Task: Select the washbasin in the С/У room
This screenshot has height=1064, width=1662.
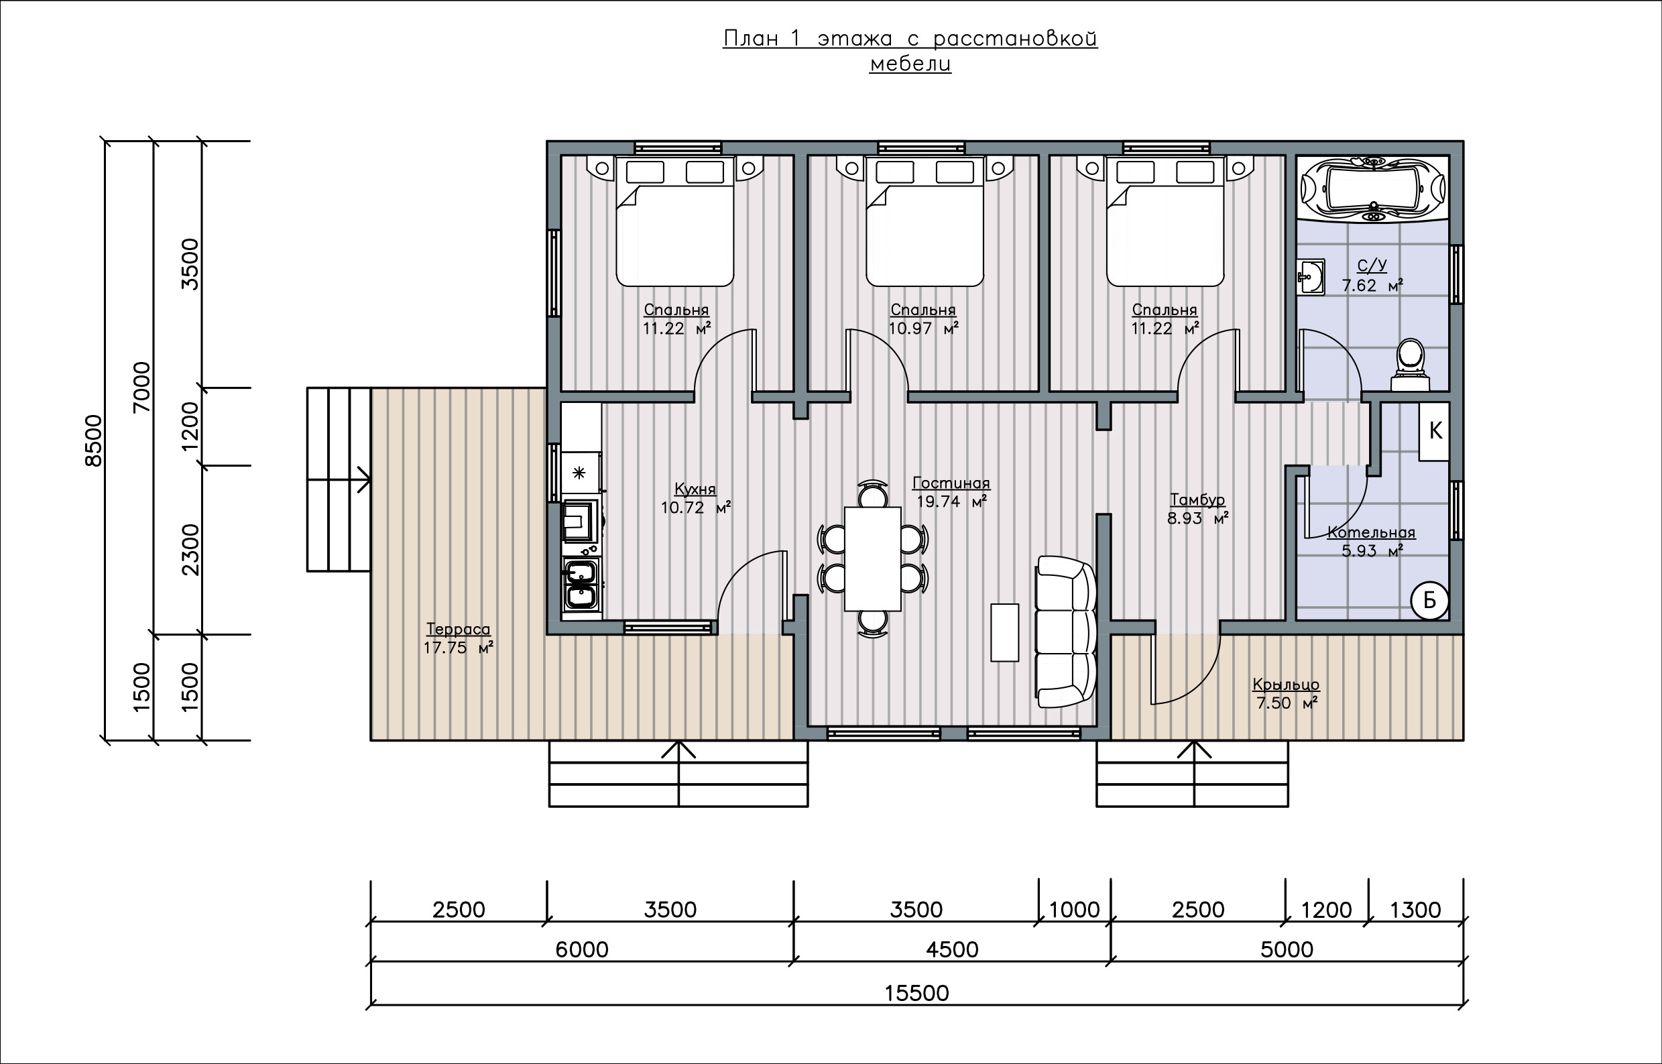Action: pos(1311,278)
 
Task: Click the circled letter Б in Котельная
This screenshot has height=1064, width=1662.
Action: pos(1429,601)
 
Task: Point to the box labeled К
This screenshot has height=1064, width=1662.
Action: pos(1434,431)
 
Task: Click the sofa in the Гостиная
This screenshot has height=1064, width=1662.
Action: pos(1066,632)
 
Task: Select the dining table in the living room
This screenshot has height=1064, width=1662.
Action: pos(872,559)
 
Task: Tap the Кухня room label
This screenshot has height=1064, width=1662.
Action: pos(695,489)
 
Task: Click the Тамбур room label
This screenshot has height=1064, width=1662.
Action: pos(1198,499)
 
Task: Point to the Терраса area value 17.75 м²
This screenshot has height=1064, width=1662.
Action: pos(458,648)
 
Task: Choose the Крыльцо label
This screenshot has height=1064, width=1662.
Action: pos(1286,685)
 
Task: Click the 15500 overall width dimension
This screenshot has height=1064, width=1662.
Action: pos(916,993)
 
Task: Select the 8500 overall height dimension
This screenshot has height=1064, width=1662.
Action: pos(93,440)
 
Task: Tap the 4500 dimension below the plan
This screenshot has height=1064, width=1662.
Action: pos(952,949)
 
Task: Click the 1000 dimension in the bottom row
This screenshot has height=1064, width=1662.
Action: pos(1074,910)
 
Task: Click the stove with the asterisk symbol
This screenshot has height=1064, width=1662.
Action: pos(579,473)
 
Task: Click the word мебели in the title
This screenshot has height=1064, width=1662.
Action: pos(910,64)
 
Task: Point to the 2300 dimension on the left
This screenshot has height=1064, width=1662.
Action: pos(190,550)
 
